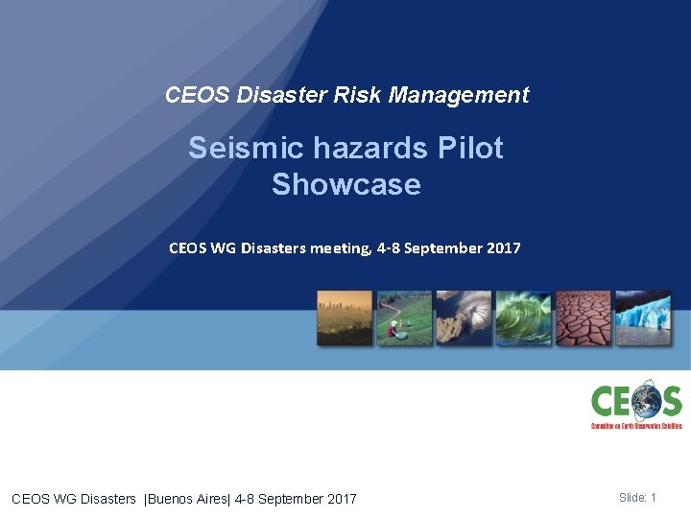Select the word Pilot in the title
pos(469,148)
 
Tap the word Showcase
pos(345,183)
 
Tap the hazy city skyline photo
pos(345,318)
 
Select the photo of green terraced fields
pos(404,318)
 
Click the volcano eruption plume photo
pos(464,318)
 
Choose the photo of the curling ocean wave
pos(523,318)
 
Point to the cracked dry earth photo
pos(583,318)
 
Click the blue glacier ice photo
pos(642,318)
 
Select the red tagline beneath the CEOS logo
pos(635,425)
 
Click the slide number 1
pos(653,497)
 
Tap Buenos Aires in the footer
pos(183,498)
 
